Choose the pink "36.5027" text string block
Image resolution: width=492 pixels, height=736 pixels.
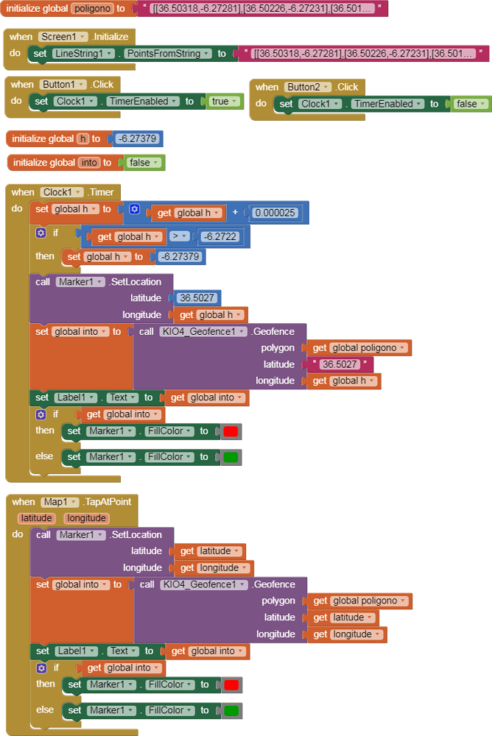coord(342,364)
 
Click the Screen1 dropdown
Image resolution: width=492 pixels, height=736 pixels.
coord(63,37)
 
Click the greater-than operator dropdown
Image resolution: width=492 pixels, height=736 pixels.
coord(179,236)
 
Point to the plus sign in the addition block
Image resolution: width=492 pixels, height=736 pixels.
coord(236,213)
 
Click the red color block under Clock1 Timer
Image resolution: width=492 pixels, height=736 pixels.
coord(231,431)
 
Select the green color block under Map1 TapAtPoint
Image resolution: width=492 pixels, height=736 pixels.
coord(231,711)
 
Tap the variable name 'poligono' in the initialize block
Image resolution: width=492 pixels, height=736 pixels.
coord(93,9)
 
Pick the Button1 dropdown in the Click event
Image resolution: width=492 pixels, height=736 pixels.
coord(62,85)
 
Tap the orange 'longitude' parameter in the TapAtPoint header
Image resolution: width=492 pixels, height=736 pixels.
coord(86,518)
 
